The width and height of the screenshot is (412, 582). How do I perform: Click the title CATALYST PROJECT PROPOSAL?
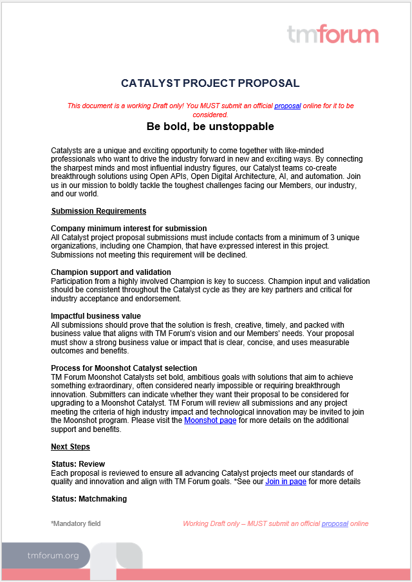pos(210,84)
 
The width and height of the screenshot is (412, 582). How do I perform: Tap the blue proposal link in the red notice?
pos(287,106)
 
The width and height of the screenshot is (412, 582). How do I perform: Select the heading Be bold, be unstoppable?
pos(210,126)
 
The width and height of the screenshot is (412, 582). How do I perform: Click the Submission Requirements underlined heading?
pos(98,211)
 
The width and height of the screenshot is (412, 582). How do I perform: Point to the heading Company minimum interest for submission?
pos(129,229)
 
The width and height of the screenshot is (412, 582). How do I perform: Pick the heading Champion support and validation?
pos(111,272)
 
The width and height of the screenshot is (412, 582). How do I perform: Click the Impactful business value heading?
pos(96,316)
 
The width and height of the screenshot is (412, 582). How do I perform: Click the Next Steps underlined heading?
pos(70,447)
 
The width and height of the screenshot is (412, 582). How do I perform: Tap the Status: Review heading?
pos(78,464)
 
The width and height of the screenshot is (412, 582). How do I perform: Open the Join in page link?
pos(285,482)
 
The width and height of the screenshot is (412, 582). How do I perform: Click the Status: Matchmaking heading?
pos(89,499)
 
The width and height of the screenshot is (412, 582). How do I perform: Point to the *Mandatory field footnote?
pos(75,524)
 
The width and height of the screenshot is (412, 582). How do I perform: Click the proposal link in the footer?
pos(335,524)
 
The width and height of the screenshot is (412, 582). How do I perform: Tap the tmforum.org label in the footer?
pos(53,555)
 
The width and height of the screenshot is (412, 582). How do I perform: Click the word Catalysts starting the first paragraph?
pos(68,150)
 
